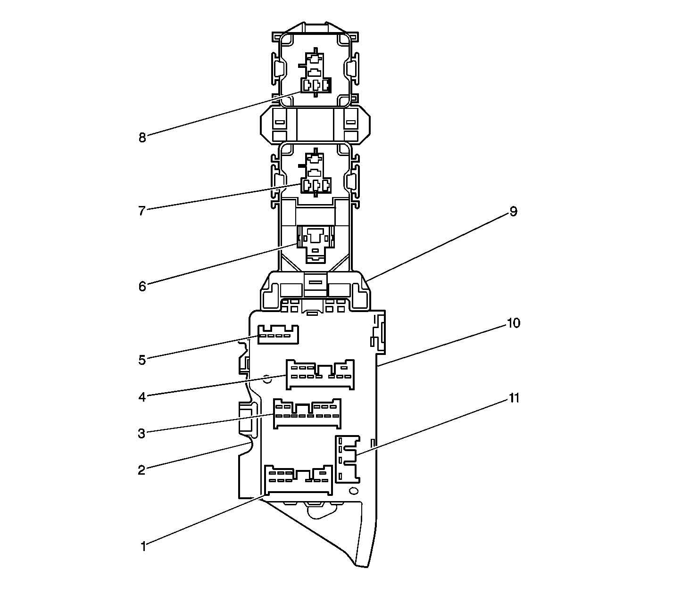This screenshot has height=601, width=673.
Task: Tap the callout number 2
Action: [141, 469]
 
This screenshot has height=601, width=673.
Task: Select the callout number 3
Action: [141, 433]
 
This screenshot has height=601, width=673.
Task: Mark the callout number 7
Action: [141, 211]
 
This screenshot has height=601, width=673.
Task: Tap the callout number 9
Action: [513, 212]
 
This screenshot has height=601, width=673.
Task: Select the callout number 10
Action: [514, 323]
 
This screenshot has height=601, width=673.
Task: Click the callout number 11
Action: [514, 398]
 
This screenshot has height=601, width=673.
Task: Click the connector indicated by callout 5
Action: [279, 335]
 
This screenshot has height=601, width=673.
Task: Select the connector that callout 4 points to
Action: [320, 375]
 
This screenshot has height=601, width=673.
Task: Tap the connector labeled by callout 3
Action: [307, 414]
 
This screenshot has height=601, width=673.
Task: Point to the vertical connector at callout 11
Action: [347, 459]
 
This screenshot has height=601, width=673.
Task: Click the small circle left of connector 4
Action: [266, 378]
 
